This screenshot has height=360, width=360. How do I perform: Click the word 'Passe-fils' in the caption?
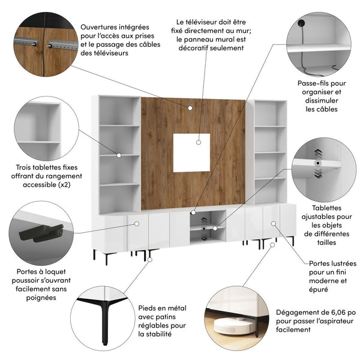pos(311,83)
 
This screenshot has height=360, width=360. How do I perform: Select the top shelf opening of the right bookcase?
pos(270,113)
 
